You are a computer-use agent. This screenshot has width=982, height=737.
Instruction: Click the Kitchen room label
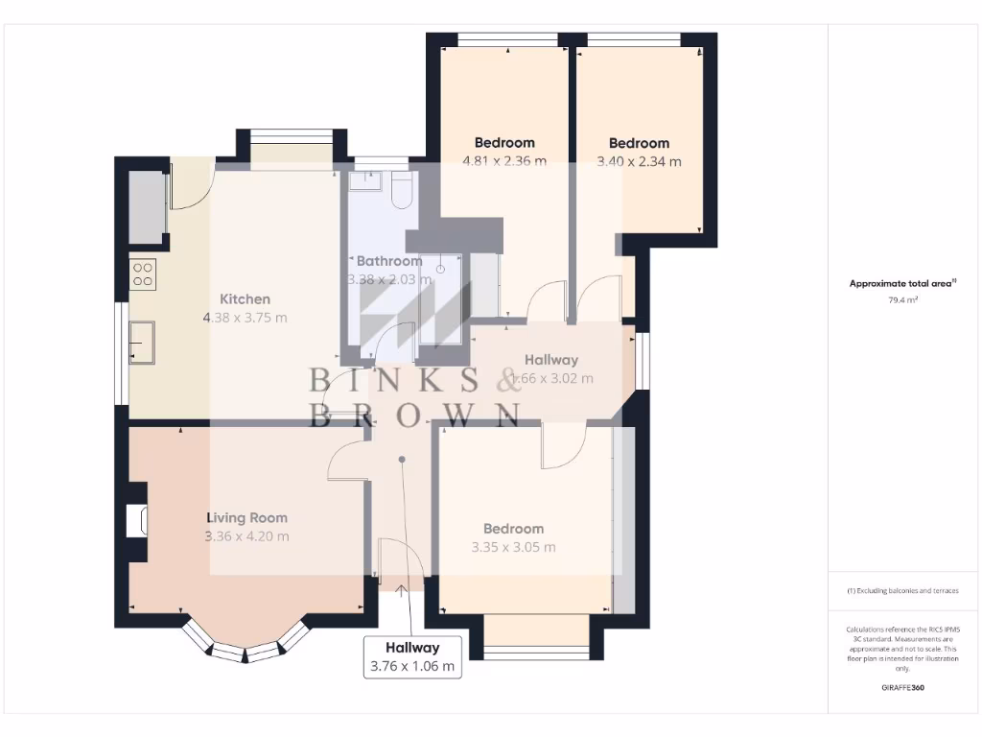tap(245, 298)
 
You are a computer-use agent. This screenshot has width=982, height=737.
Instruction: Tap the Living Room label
tap(246, 518)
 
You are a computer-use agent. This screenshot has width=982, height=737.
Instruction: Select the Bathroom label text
tap(388, 261)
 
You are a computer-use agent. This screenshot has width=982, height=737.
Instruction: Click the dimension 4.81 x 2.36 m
tap(504, 161)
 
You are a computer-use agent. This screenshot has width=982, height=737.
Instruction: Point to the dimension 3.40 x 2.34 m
tap(639, 161)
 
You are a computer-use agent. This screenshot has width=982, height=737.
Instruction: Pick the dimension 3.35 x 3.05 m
tap(513, 547)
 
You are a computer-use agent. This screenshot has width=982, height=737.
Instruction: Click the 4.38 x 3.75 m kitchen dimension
tap(245, 318)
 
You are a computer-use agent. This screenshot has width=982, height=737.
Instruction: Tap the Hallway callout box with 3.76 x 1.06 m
tap(412, 657)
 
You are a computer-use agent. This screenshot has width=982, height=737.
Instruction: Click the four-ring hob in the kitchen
tap(143, 274)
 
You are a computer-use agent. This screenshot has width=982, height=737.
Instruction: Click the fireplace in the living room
tap(137, 520)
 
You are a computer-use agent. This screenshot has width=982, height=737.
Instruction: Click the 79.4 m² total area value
tap(902, 300)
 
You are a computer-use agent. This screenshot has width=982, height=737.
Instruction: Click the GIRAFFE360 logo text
tap(902, 688)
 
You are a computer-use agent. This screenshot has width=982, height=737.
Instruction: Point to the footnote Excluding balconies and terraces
tap(902, 591)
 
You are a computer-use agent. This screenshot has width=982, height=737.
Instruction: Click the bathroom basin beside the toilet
tap(366, 180)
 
